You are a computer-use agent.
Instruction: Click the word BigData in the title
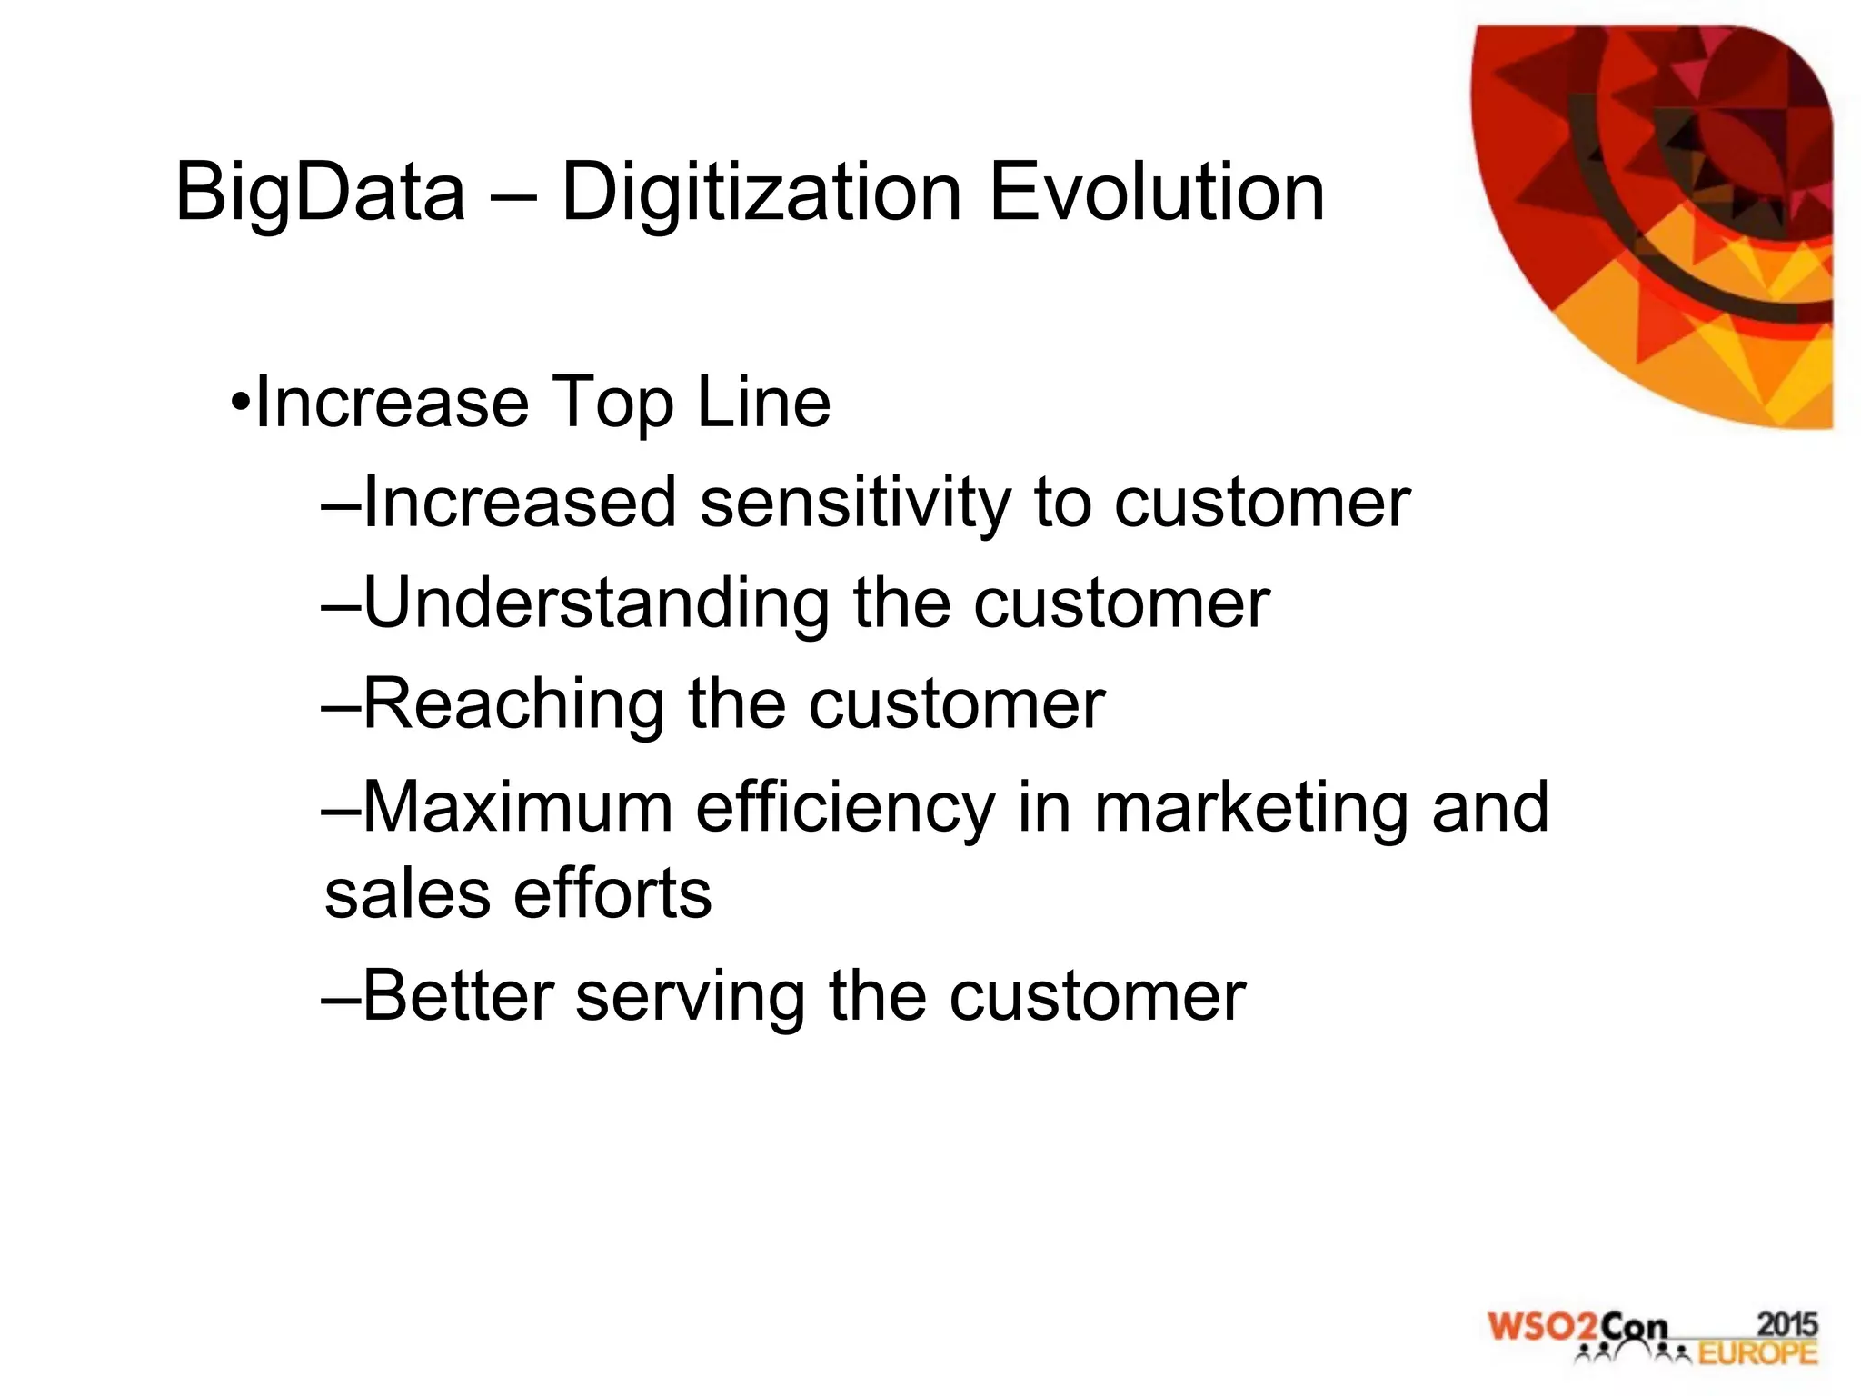tap(320, 193)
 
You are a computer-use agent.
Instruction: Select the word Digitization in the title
tap(761, 193)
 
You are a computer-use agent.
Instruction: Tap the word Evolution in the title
tap(1156, 193)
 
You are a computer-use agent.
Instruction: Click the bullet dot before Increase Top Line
tap(239, 403)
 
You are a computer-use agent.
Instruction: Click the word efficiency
tap(845, 807)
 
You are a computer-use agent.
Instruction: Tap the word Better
tap(458, 996)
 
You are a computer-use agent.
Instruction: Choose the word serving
tap(691, 998)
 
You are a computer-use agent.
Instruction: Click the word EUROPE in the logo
tap(1757, 1354)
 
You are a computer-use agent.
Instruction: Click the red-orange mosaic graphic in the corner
tap(1672, 209)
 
